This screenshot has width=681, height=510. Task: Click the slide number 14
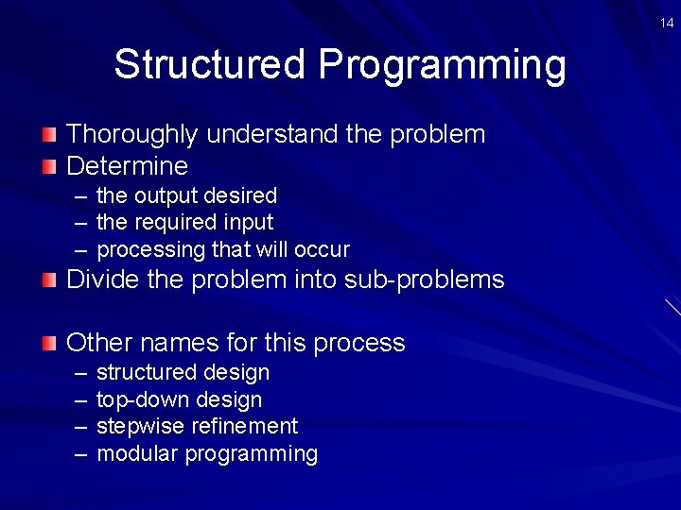click(667, 22)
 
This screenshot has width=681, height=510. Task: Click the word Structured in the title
click(210, 65)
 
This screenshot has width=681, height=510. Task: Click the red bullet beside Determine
click(49, 167)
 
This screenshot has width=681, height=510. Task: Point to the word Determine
click(127, 167)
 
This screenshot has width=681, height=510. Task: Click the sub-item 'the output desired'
click(186, 195)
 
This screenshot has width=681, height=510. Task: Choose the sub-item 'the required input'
click(184, 223)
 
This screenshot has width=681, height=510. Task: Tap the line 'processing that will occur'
click(223, 250)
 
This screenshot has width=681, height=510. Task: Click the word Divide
click(100, 280)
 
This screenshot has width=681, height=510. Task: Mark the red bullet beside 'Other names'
click(49, 343)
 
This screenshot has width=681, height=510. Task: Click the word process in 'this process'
click(358, 343)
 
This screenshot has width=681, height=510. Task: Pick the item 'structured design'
click(183, 372)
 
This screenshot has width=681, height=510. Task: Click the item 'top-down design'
click(179, 399)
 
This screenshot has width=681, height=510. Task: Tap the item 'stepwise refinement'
click(197, 426)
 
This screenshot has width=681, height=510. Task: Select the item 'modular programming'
click(207, 453)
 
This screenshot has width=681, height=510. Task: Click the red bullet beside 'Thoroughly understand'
click(49, 135)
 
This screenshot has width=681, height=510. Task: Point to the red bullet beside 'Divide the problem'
click(49, 280)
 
